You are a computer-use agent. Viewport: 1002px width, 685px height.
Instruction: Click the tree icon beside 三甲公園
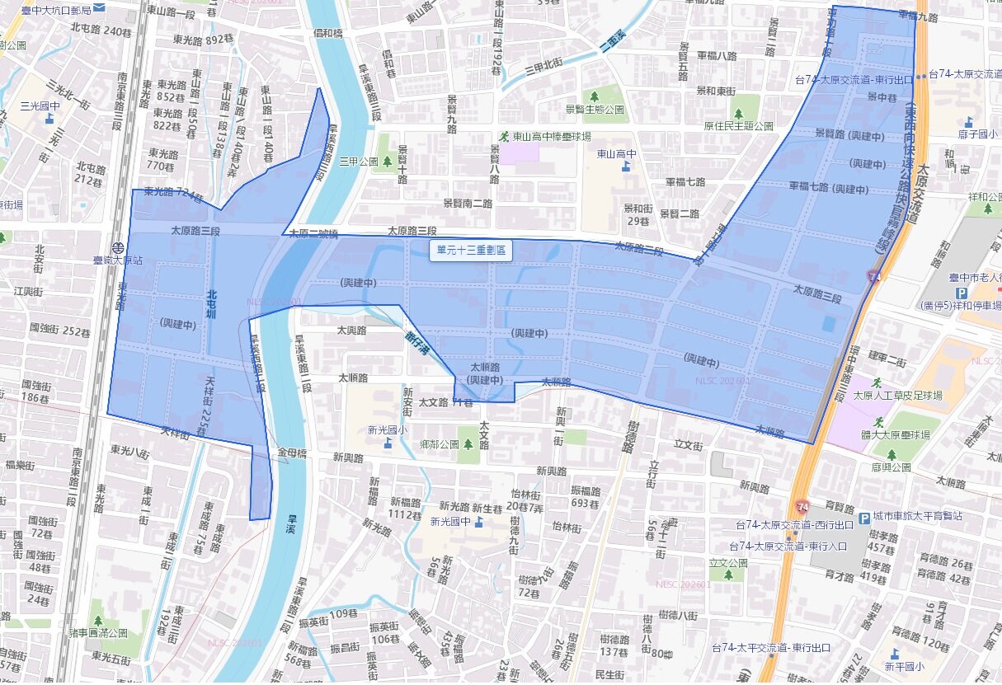387,162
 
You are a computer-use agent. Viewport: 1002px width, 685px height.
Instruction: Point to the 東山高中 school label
617,153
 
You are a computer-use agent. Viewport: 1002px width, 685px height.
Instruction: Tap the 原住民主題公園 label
738,126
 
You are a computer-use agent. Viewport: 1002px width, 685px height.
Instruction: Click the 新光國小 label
388,429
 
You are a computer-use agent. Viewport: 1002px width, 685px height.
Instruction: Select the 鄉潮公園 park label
438,444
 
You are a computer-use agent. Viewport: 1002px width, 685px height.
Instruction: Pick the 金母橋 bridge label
293,453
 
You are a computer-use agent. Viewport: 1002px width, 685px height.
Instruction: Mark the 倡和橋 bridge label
328,33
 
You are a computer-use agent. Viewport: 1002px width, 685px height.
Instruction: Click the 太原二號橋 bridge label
313,234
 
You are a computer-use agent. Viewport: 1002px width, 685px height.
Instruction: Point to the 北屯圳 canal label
211,305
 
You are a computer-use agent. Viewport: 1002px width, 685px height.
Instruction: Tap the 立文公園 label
727,563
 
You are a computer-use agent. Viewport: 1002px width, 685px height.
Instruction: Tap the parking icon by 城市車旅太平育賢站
864,518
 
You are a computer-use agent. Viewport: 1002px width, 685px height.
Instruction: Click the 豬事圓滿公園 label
98,633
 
